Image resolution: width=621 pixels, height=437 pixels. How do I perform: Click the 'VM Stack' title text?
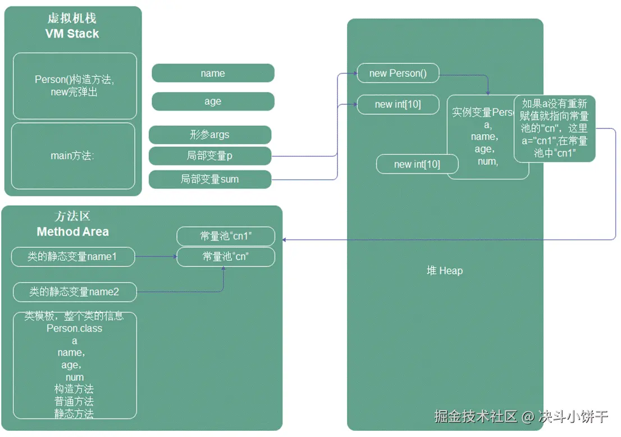[x=72, y=34]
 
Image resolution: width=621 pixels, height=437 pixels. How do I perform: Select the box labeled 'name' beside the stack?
[x=213, y=73]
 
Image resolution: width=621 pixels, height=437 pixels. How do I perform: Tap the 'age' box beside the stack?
[x=213, y=102]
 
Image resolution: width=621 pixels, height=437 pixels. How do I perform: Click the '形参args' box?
[x=209, y=135]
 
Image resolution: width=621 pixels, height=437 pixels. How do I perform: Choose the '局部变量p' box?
[x=209, y=156]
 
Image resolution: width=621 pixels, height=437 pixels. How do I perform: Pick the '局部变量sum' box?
[x=209, y=180]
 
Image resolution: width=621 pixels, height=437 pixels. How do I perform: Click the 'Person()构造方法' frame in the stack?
[x=75, y=86]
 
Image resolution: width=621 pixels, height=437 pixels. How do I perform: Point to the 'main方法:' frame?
[x=73, y=156]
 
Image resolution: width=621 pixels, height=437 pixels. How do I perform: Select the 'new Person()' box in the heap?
[x=398, y=73]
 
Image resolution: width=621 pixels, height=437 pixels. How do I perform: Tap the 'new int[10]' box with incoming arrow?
[x=398, y=104]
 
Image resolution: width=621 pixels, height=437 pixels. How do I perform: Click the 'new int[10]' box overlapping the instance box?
[x=417, y=164]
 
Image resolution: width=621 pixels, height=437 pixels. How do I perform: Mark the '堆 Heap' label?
[x=445, y=271]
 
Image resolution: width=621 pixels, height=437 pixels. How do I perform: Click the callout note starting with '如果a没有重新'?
[x=555, y=128]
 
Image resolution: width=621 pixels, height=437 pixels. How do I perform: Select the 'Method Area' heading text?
[x=73, y=232]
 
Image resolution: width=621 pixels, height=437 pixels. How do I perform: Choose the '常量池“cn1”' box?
[x=226, y=236]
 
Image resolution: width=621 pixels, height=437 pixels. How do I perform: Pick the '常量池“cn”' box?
[x=226, y=257]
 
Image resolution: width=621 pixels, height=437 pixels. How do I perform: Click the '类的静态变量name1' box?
[x=73, y=257]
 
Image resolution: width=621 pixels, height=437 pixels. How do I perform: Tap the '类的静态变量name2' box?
[x=75, y=292]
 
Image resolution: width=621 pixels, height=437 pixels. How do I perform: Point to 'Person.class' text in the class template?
[x=75, y=328]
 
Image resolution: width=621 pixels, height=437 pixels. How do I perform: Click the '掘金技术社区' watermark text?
[x=476, y=416]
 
